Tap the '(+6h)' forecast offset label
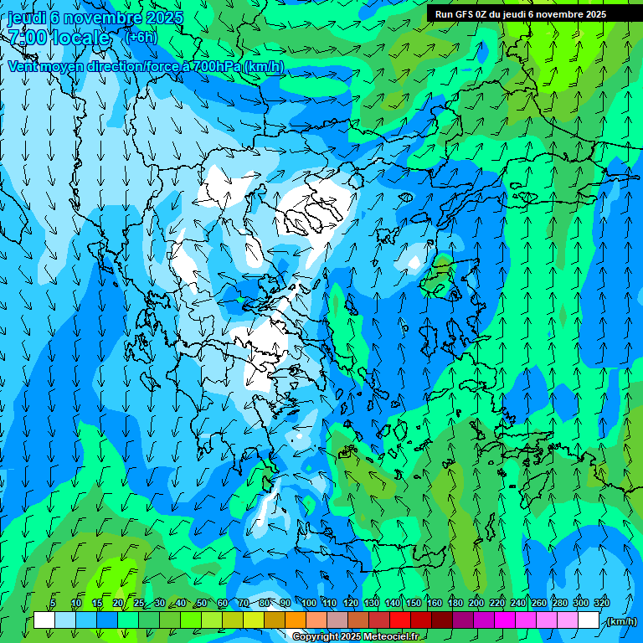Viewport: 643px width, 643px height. pyautogui.click(x=140, y=38)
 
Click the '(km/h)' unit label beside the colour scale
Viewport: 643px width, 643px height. pyautogui.click(x=620, y=621)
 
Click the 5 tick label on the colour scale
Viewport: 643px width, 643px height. pyautogui.click(x=53, y=604)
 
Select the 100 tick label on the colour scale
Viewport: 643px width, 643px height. pyautogui.click(x=309, y=604)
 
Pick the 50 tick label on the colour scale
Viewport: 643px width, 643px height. pyautogui.click(x=201, y=604)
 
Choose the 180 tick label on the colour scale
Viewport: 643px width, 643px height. pyautogui.click(x=455, y=604)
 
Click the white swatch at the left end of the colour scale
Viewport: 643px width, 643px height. pyautogui.click(x=44, y=620)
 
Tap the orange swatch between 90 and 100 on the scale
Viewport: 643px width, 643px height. pyautogui.click(x=296, y=620)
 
